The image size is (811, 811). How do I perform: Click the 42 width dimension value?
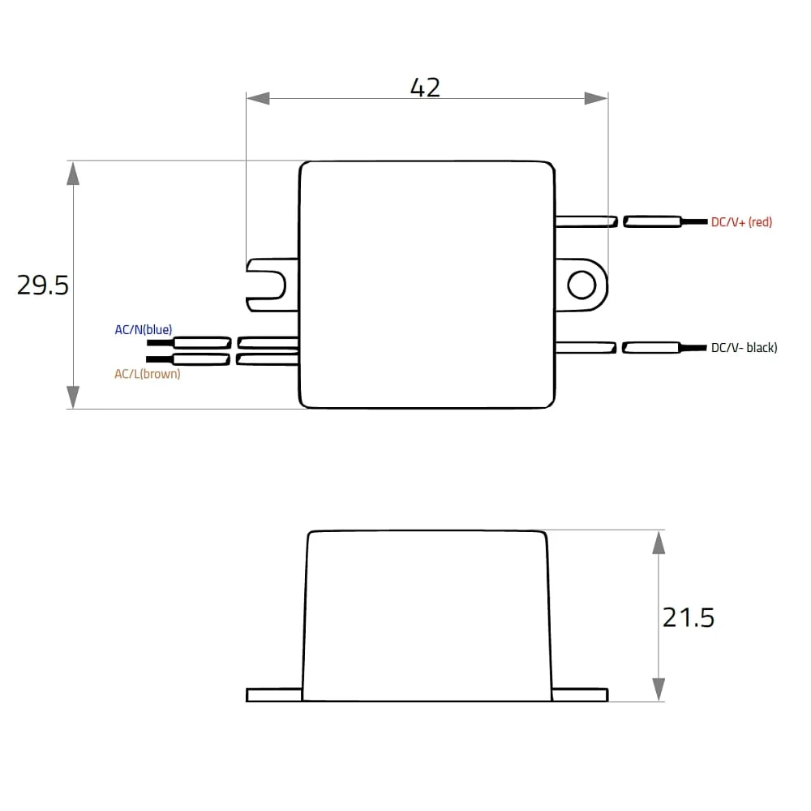click(425, 88)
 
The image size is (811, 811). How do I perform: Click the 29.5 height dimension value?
click(43, 285)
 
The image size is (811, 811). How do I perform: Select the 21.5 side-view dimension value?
click(689, 617)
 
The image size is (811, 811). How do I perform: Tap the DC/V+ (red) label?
click(741, 222)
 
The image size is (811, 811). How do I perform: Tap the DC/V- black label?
click(744, 348)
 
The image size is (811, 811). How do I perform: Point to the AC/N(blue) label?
click(144, 329)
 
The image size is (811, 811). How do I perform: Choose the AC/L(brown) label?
click(148, 373)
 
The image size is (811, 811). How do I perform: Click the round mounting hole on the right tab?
click(581, 285)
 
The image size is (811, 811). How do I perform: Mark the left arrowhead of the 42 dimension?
click(258, 98)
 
